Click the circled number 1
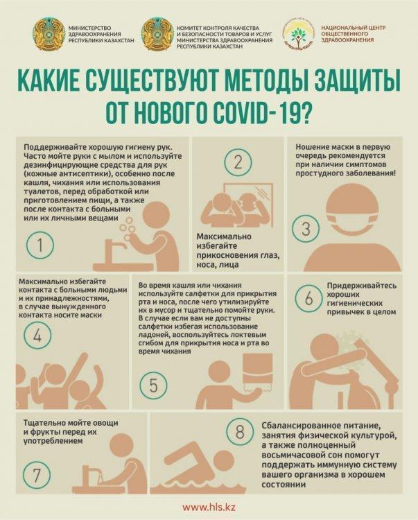point(40,245)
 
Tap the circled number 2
point(238,162)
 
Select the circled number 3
point(306,229)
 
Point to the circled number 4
point(37,336)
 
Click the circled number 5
point(153,385)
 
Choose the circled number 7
point(37,475)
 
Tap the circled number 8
point(240,432)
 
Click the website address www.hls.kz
point(209,507)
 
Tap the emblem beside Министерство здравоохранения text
point(49,35)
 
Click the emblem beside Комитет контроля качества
point(157,35)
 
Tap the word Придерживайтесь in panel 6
point(362,286)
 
